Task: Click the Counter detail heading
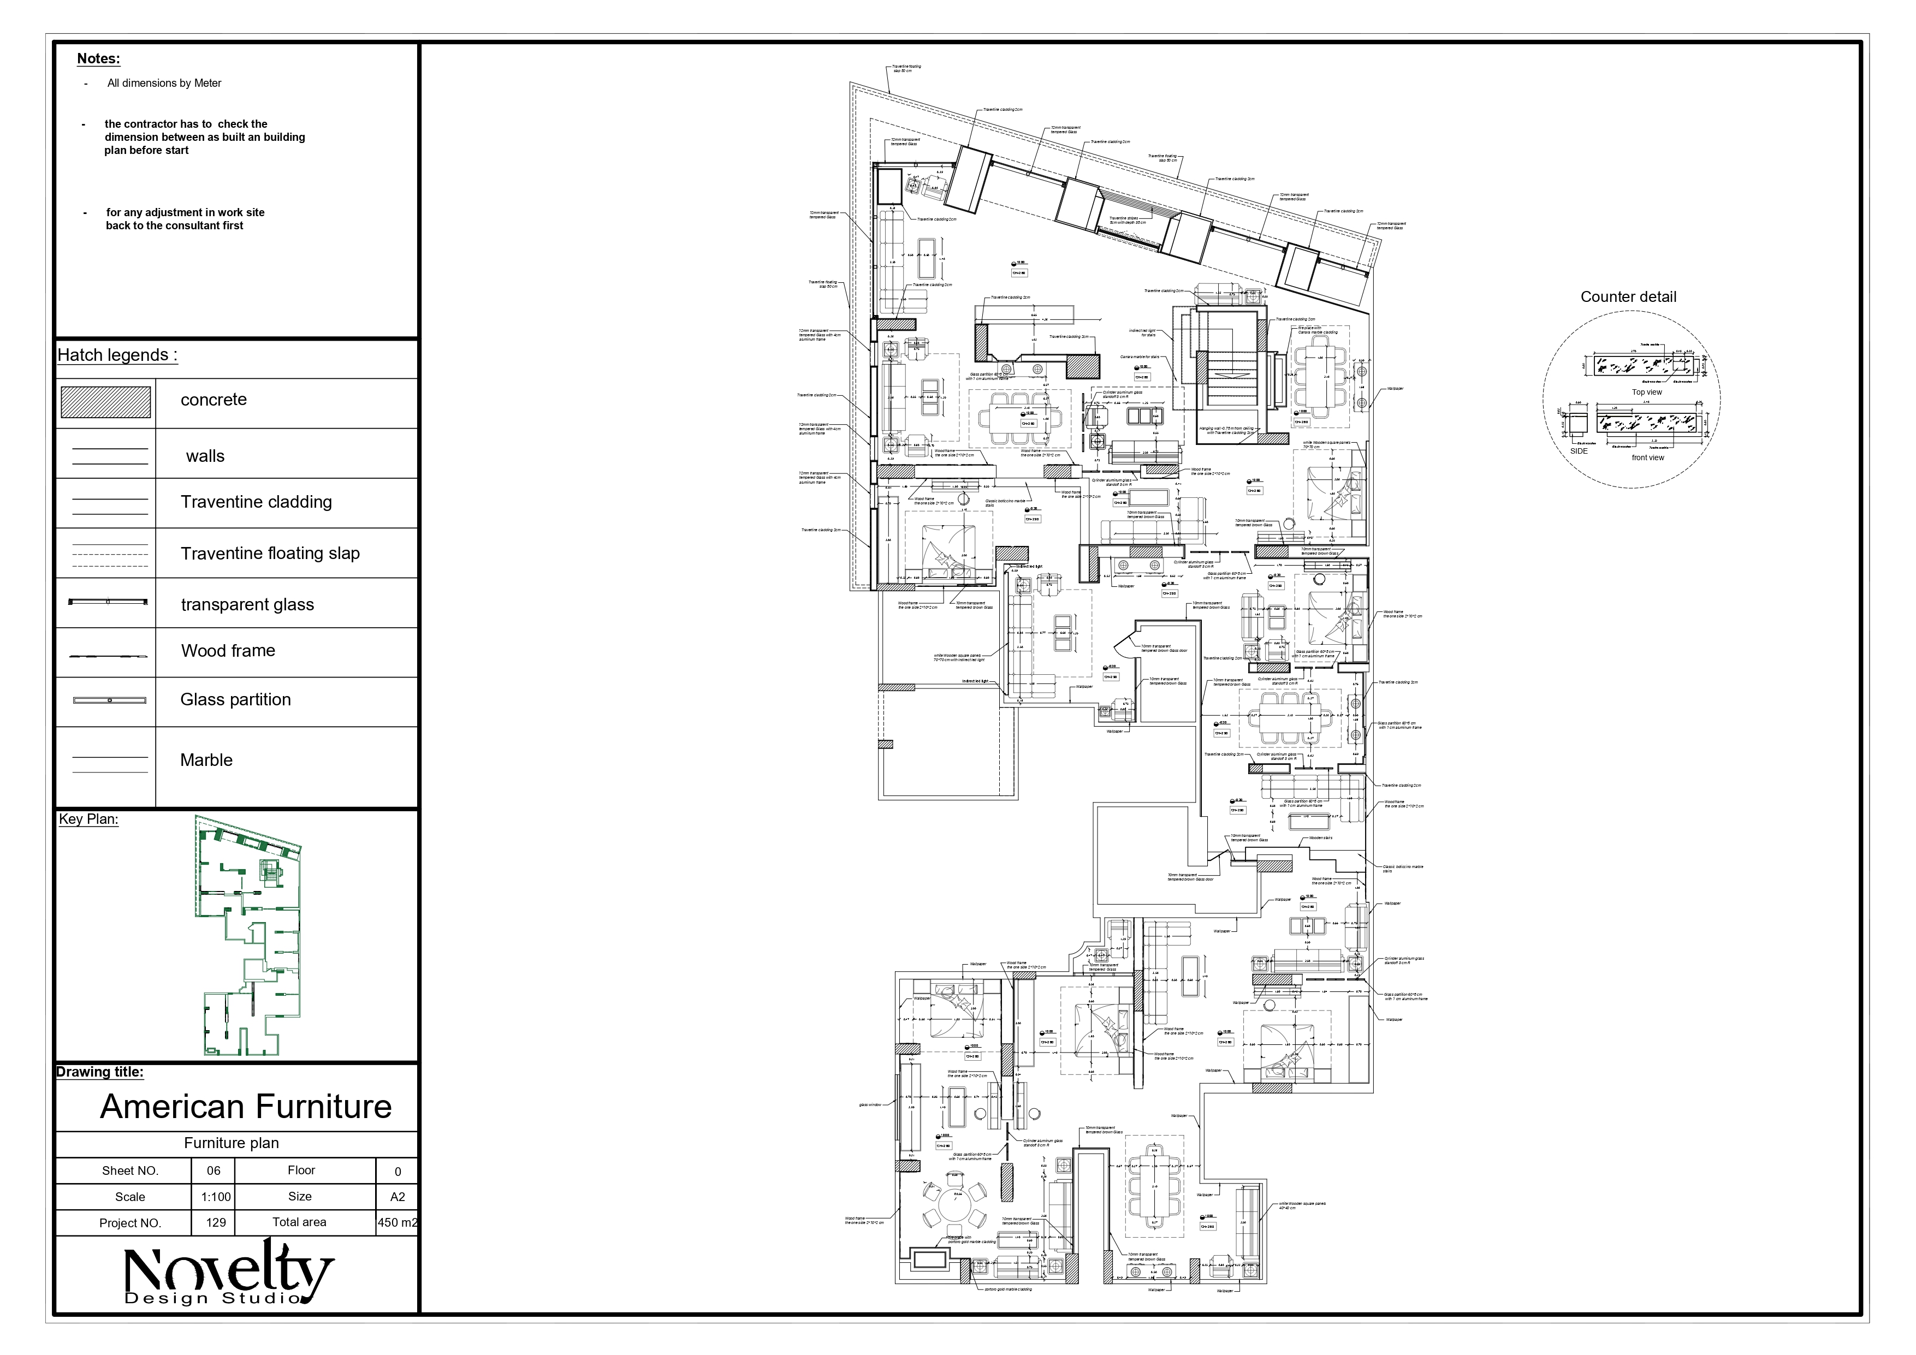pos(1627,297)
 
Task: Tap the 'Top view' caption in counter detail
pos(1646,392)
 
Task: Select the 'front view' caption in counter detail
pos(1647,457)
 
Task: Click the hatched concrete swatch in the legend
pos(106,402)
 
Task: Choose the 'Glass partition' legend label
pos(235,700)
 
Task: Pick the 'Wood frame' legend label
pos(228,651)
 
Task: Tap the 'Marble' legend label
pos(206,760)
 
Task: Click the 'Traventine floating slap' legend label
pos(270,553)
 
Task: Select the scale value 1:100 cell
pos(215,1197)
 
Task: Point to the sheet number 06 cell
pos(213,1170)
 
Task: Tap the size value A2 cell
pos(397,1197)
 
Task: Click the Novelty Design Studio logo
pos(229,1274)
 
